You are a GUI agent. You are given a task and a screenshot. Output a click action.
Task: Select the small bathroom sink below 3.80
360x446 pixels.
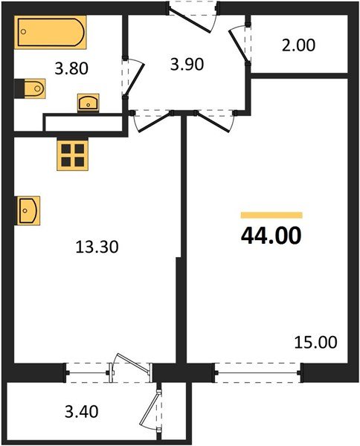(x=89, y=102)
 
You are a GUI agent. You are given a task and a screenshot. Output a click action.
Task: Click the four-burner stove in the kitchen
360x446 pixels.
(x=73, y=155)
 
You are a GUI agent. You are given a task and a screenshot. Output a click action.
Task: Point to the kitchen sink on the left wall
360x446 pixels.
(x=27, y=209)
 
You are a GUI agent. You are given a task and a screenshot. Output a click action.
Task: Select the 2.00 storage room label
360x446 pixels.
(x=299, y=45)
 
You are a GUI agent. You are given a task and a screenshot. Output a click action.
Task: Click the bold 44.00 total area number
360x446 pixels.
(x=271, y=236)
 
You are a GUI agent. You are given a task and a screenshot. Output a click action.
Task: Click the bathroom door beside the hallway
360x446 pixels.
(x=131, y=78)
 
